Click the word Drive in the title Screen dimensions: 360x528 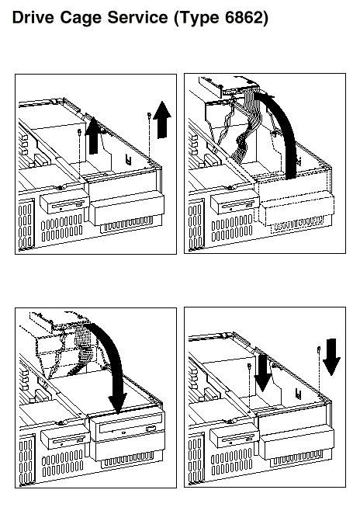33,17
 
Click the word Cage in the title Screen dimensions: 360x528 80,18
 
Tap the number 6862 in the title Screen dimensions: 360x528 244,17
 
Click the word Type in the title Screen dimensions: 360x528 197,19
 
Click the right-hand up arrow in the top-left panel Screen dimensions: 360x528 162,120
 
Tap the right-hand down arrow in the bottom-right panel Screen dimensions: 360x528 331,357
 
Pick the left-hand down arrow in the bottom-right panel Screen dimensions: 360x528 262,373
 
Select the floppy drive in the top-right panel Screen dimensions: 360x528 235,203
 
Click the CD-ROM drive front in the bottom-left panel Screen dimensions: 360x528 126,428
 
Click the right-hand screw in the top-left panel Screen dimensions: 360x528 148,116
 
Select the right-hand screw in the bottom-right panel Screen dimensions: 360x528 319,349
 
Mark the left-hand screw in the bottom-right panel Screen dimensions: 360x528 249,366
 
